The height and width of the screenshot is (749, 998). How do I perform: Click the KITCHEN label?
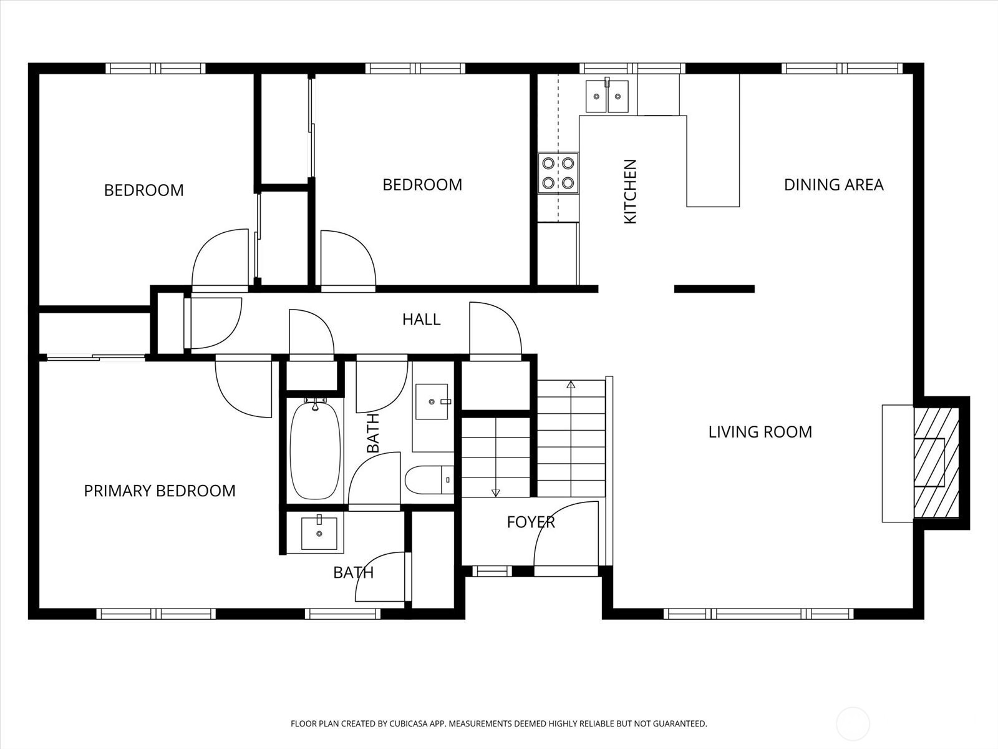630,192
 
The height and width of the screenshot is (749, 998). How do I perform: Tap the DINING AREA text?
833,185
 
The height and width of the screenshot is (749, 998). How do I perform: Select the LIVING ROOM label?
760,432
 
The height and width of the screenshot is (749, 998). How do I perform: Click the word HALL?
421,320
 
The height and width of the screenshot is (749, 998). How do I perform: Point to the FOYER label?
530,522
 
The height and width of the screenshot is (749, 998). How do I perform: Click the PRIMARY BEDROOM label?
160,491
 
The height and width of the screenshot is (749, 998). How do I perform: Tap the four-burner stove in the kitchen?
558,173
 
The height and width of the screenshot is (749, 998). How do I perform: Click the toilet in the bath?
427,480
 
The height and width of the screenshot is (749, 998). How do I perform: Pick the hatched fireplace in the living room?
936,463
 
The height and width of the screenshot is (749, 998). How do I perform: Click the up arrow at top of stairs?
570,384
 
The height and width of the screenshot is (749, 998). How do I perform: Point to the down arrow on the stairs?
496,492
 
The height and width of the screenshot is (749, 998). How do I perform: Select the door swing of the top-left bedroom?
218,259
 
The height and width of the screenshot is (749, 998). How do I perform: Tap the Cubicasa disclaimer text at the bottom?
498,724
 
